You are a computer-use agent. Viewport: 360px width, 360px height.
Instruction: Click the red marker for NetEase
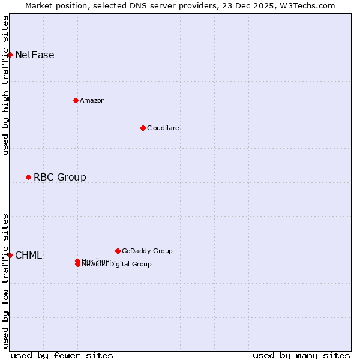10,55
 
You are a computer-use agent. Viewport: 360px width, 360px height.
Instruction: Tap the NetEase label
35,55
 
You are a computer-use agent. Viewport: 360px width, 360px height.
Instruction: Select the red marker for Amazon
76,100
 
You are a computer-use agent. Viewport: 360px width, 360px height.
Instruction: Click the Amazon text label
92,101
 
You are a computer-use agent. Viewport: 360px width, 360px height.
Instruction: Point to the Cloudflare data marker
143,128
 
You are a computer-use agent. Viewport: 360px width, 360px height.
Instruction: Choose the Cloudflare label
163,128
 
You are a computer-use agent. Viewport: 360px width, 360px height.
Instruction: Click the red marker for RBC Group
28,177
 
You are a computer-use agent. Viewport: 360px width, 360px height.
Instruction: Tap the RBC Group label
60,178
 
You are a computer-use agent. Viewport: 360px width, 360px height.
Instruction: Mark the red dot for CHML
10,255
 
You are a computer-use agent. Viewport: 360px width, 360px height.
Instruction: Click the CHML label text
29,256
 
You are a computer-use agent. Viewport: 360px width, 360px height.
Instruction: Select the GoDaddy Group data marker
118,251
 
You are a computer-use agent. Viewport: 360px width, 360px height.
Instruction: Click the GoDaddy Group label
147,251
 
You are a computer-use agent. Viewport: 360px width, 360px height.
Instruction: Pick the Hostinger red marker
77,261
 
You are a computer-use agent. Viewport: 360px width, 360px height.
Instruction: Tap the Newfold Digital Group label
118,265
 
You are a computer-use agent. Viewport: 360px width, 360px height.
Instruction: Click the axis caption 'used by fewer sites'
62,355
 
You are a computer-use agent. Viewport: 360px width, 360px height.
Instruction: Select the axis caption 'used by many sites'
301,355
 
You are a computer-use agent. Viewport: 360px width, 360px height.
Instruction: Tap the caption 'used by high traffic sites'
6,85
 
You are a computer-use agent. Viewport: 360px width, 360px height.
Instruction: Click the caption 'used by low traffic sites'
6,281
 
